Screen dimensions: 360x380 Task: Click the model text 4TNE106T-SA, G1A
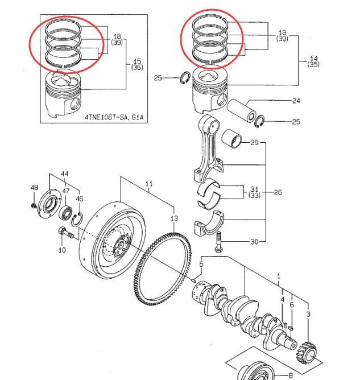(x=114, y=118)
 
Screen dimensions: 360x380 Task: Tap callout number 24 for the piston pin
(x=296, y=101)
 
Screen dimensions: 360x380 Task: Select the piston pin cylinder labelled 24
(x=241, y=111)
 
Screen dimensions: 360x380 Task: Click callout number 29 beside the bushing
(x=255, y=142)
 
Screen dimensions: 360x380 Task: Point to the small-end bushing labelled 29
(x=232, y=138)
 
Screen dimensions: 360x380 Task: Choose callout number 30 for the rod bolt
(x=254, y=242)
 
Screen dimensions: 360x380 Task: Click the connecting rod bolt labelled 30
(x=218, y=242)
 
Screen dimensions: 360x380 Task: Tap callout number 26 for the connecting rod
(x=278, y=192)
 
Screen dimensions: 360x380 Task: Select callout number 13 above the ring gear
(x=174, y=218)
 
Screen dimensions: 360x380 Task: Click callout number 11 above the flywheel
(x=149, y=184)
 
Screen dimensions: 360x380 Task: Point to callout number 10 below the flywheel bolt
(x=62, y=250)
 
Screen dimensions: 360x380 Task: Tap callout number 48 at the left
(x=34, y=187)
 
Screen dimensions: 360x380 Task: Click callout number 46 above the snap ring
(x=80, y=199)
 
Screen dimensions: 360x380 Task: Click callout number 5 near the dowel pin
(x=201, y=264)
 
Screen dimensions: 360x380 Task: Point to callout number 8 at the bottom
(x=291, y=375)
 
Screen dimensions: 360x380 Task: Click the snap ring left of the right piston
(x=185, y=79)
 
